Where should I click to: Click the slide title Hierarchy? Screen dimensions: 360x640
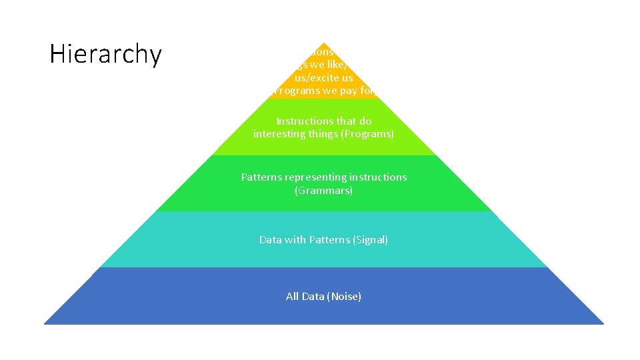click(105, 55)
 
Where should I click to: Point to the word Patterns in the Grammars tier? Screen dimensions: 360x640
click(262, 177)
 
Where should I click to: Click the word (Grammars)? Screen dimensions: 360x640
click(323, 191)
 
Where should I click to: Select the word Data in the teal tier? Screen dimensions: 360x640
click(271, 239)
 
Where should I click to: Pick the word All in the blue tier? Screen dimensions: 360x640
click(292, 296)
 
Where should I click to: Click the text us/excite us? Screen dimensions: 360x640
click(324, 78)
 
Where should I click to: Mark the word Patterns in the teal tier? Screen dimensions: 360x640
click(329, 239)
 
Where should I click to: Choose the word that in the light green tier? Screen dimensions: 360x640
click(347, 121)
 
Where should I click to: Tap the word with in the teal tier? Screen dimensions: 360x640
click(295, 239)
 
